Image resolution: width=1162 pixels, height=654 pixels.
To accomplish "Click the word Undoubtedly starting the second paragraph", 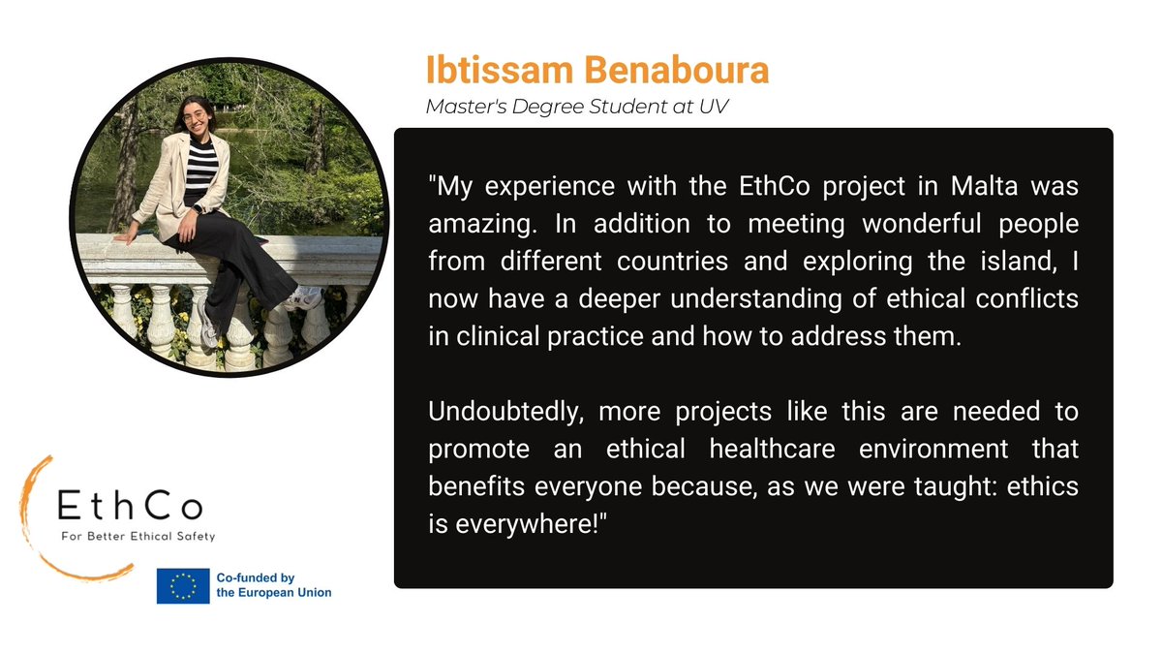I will (x=505, y=412).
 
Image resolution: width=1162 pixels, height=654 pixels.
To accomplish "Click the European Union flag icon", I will (x=183, y=586).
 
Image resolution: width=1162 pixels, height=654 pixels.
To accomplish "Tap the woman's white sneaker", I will (x=304, y=297).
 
